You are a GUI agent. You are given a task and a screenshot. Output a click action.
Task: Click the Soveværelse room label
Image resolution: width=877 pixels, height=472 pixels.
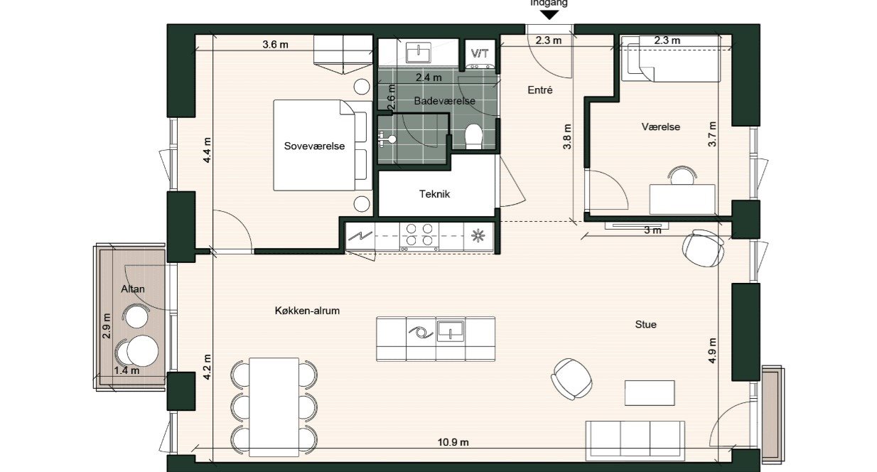click(314, 146)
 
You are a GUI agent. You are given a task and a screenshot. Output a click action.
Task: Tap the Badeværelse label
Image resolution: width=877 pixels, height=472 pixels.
click(444, 102)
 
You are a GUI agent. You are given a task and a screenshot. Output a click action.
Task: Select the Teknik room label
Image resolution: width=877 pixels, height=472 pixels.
click(435, 193)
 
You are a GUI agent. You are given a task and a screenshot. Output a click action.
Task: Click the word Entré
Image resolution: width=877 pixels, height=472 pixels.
click(540, 90)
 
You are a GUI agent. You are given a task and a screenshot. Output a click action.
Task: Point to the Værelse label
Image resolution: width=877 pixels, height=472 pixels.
click(660, 127)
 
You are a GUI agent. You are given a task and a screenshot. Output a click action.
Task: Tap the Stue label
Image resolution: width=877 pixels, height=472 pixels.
click(645, 324)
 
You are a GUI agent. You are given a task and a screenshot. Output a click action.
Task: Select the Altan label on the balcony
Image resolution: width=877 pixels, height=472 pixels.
click(133, 289)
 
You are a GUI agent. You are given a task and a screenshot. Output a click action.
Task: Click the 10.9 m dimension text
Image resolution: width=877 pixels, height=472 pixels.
click(453, 442)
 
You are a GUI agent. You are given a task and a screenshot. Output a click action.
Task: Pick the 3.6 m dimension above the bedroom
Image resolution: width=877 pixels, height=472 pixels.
click(275, 44)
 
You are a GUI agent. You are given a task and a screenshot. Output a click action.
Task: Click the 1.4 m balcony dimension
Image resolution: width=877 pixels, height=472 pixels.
click(126, 370)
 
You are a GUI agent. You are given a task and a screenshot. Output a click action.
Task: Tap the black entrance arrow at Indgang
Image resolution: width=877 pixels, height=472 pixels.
click(549, 14)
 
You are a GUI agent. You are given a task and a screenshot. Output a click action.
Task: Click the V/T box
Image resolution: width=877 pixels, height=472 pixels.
click(479, 53)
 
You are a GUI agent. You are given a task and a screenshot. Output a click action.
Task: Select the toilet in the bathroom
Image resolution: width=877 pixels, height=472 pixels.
click(473, 136)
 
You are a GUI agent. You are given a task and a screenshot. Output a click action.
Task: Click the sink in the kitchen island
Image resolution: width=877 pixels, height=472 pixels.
click(450, 330)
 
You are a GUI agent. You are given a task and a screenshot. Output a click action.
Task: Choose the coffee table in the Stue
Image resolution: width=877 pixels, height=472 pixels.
click(650, 392)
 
